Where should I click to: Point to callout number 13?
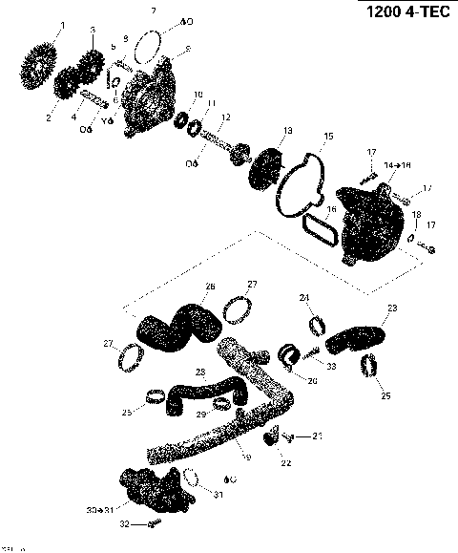[287, 131]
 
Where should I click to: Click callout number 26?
[211, 286]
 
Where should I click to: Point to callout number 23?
[391, 308]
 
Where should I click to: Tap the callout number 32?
[122, 523]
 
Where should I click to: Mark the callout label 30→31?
[98, 511]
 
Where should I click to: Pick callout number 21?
[318, 436]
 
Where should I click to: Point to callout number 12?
[225, 117]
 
